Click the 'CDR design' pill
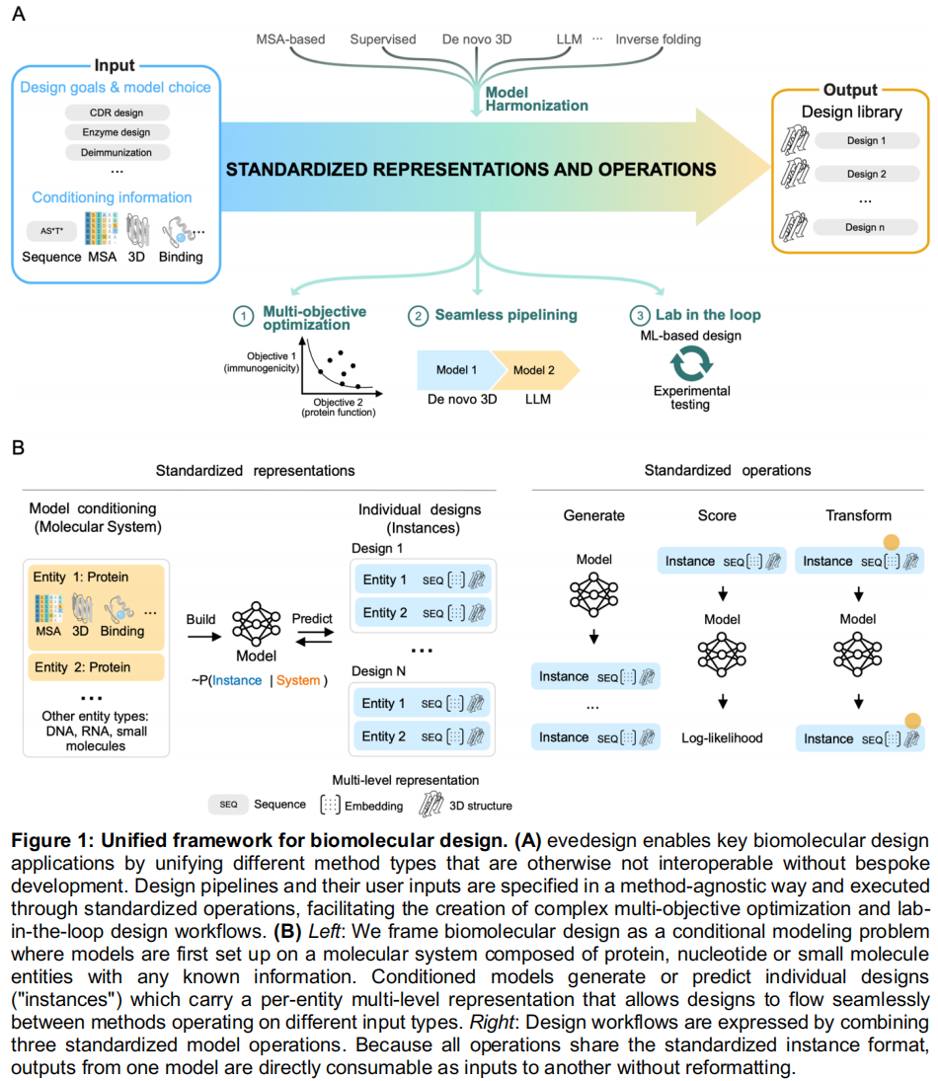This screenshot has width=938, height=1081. tap(117, 113)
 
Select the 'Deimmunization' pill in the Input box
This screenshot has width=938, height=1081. tap(117, 152)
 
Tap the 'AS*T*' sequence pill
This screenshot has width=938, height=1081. tap(51, 231)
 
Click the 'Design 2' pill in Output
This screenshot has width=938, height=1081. tap(866, 174)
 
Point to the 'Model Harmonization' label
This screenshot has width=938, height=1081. tap(536, 99)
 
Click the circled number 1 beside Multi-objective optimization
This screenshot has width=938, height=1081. tap(243, 317)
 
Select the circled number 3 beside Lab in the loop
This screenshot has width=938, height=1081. tap(640, 316)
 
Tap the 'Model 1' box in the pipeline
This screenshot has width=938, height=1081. tap(456, 370)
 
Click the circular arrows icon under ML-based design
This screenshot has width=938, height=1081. tap(691, 362)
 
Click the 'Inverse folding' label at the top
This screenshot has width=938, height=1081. tap(658, 39)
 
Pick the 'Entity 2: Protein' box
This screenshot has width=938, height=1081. tap(96, 667)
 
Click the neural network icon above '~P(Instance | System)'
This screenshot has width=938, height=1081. tap(256, 623)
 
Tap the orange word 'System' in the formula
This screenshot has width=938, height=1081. tap(298, 680)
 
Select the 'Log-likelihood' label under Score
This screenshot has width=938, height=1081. tap(722, 737)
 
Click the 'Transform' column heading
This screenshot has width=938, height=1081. tap(858, 515)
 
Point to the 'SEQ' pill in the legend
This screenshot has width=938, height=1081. tap(228, 805)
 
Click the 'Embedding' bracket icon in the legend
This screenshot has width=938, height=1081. tap(330, 805)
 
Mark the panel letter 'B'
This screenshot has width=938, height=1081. tap(19, 448)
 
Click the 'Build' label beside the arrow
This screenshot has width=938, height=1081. tap(200, 619)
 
